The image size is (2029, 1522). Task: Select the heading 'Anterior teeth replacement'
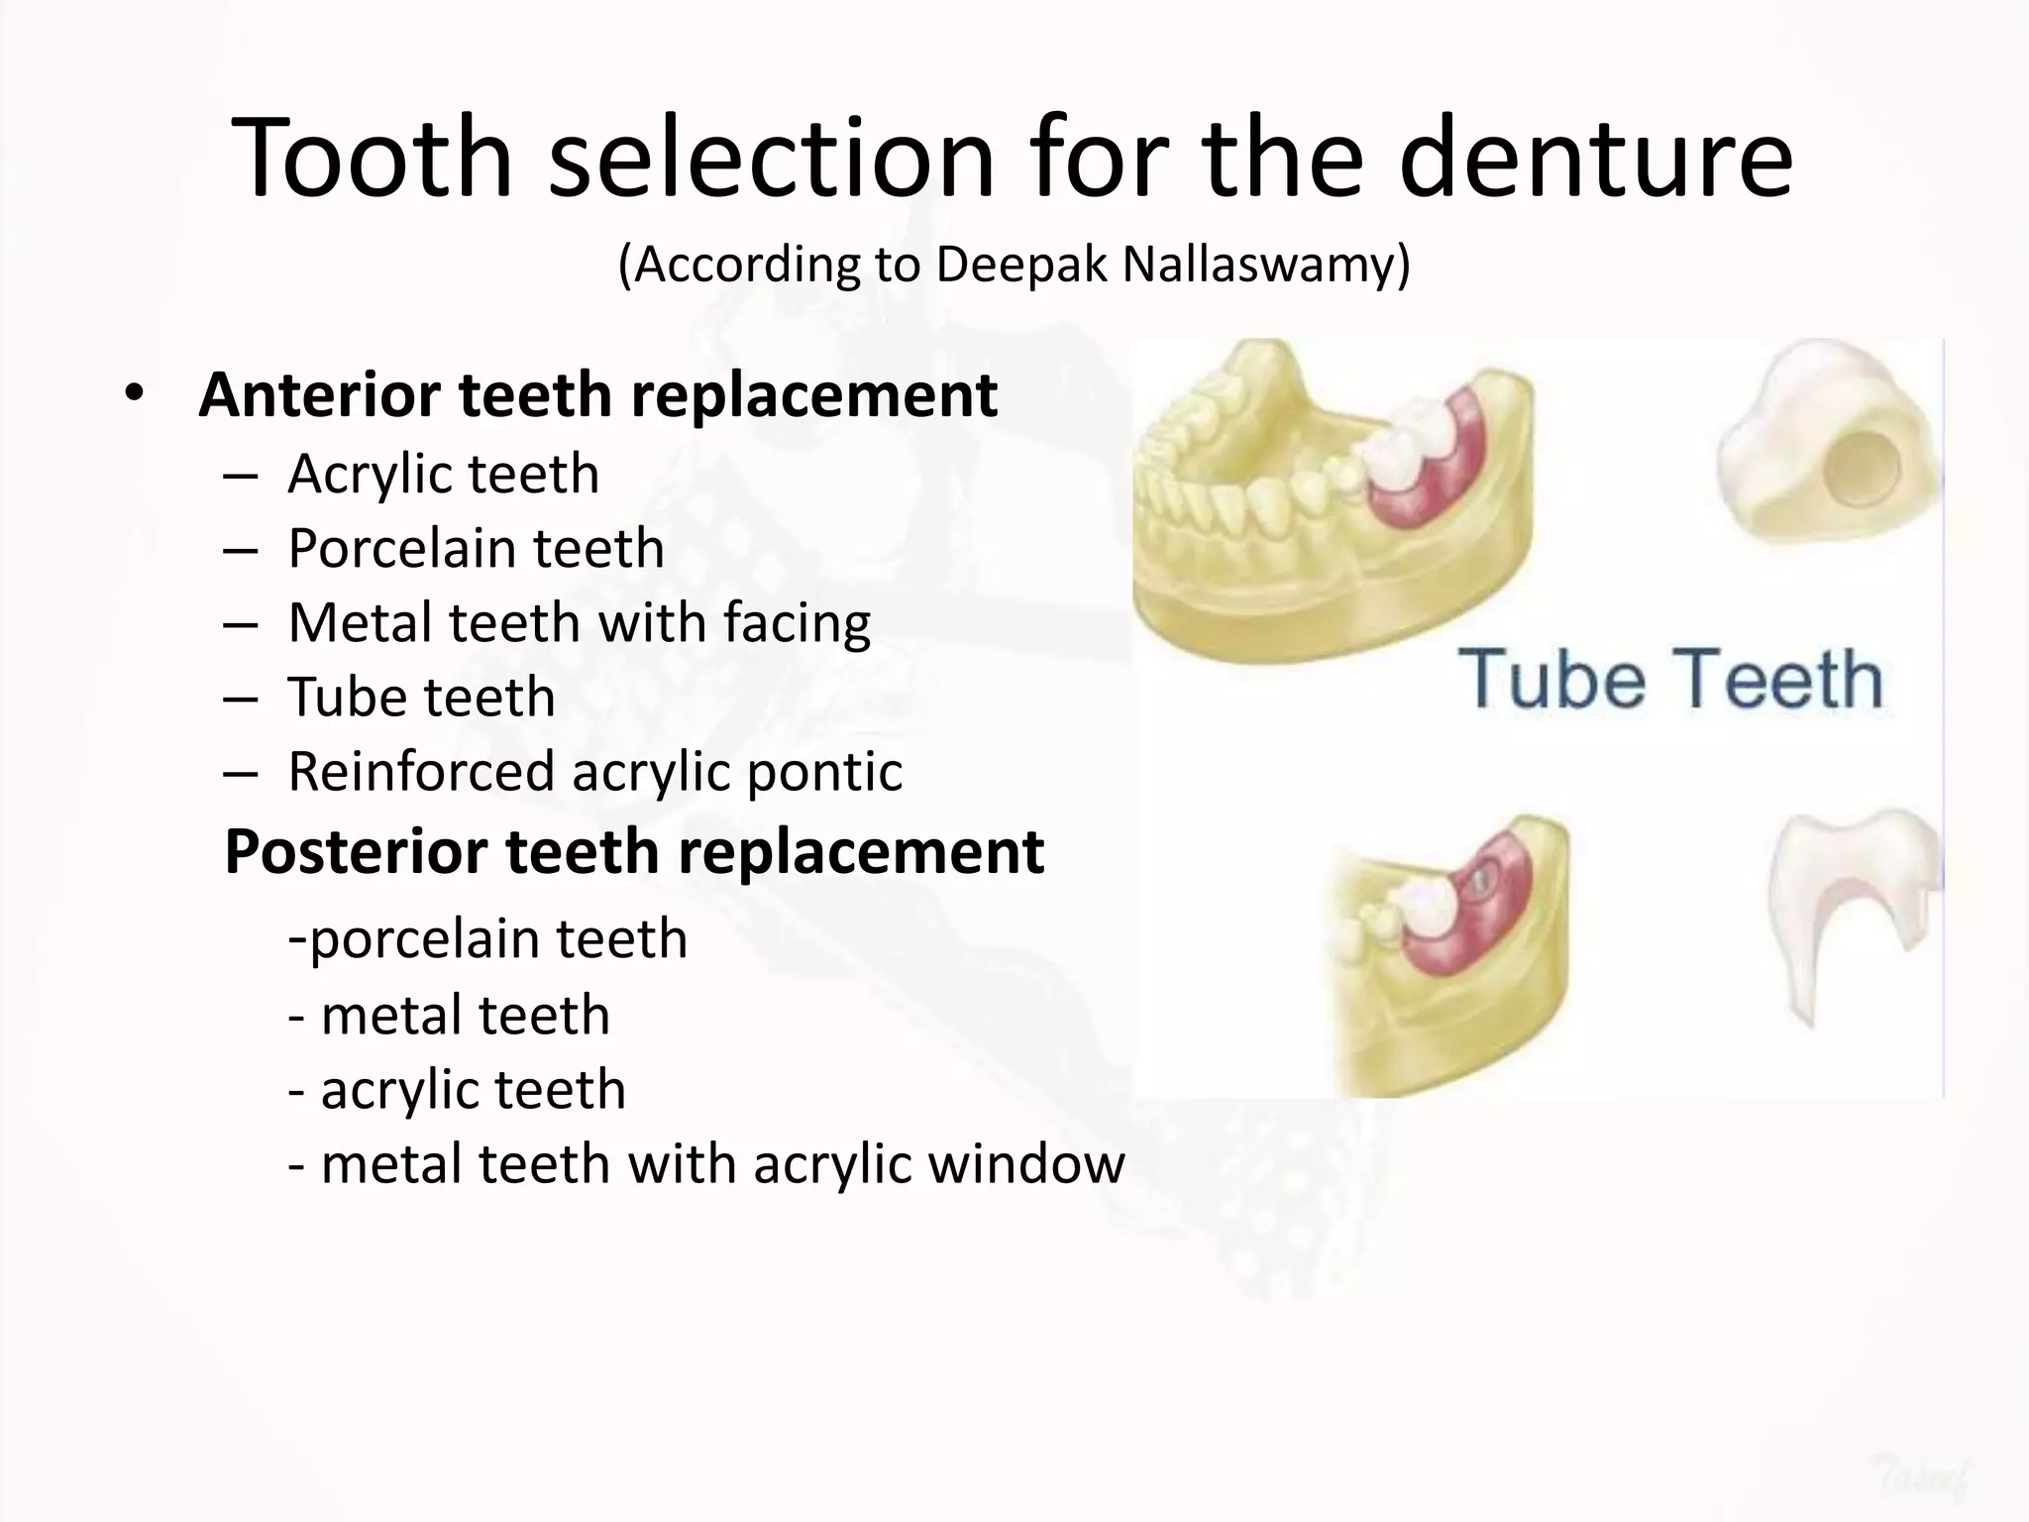597,395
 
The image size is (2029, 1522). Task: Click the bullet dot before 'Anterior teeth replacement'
134,394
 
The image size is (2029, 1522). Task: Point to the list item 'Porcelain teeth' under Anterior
476,549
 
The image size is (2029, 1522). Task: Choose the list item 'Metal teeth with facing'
579,623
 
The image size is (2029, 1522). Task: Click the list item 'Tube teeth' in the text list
421,698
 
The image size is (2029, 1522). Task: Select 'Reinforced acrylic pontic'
594,772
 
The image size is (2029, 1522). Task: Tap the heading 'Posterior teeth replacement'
634,851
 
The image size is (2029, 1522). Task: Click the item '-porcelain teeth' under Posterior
487,938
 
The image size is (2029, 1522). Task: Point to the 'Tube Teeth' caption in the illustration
1670,680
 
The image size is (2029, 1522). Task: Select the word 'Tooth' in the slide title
373,159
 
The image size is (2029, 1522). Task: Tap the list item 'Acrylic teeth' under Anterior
443,475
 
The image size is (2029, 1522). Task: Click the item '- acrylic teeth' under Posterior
457,1090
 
